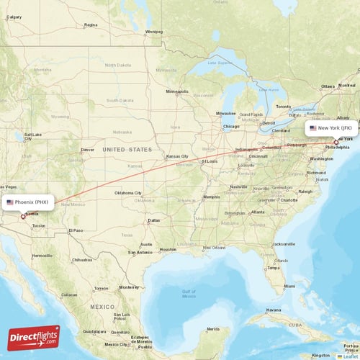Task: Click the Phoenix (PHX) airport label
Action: tap(28, 202)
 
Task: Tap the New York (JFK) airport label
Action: tap(331, 128)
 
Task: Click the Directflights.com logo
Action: tap(34, 337)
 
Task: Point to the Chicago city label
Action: tap(231, 126)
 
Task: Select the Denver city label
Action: tap(88, 150)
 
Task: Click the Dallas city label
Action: tap(153, 220)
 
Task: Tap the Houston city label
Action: tap(168, 249)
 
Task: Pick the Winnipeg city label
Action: tap(154, 32)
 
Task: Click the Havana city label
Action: tap(273, 310)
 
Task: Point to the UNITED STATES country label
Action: tap(128, 149)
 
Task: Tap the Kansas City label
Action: tap(177, 156)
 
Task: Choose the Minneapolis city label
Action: tap(177, 92)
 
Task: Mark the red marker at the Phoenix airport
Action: tap(22, 215)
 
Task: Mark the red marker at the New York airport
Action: tap(336, 143)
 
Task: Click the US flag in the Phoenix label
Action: tap(10, 202)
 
